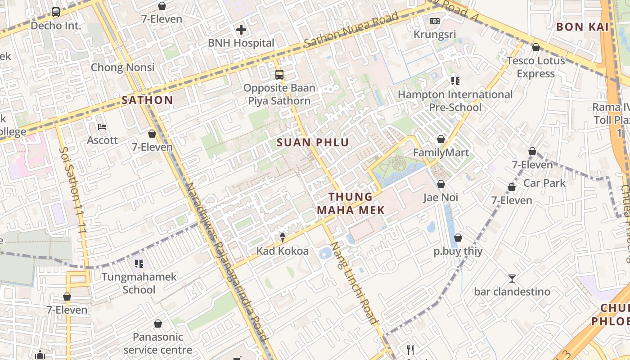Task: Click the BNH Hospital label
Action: (x=241, y=43)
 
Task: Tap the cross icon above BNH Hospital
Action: (x=241, y=30)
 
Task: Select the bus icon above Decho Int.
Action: (x=56, y=12)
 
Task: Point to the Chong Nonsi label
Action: (x=122, y=67)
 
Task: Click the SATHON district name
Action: (x=147, y=100)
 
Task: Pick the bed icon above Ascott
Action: (x=102, y=127)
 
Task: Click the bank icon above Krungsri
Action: (x=435, y=21)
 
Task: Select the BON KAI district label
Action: (x=582, y=27)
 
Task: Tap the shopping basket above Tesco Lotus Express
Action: (x=535, y=47)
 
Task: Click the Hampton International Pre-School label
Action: (x=455, y=101)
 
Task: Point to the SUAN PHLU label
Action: (x=313, y=143)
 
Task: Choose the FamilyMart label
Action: (x=441, y=153)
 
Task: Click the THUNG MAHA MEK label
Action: (x=351, y=203)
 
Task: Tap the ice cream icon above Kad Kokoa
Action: (x=283, y=237)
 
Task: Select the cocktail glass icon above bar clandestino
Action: (x=512, y=278)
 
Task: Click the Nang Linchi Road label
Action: (x=353, y=283)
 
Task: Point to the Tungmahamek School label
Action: (x=139, y=283)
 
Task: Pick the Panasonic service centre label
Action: (x=157, y=343)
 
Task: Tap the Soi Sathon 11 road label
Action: (x=73, y=189)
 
